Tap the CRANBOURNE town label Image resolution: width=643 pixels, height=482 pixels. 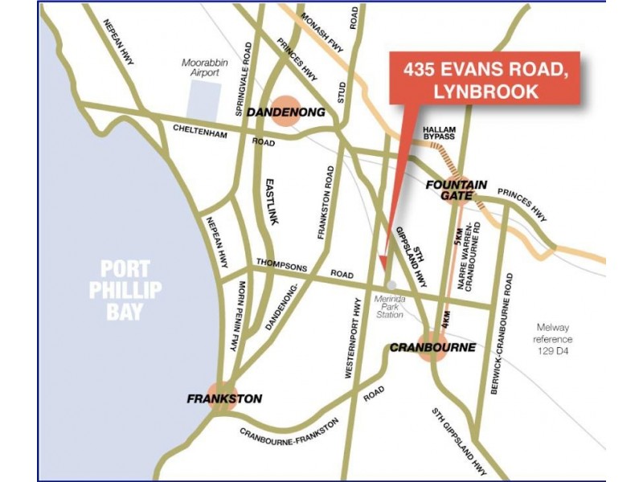(432, 348)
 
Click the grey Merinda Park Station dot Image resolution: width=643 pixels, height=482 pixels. (391, 284)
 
